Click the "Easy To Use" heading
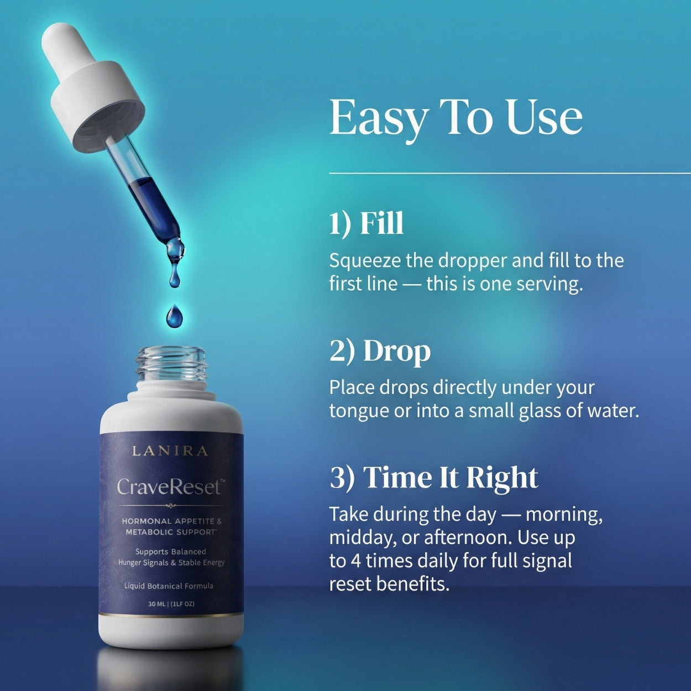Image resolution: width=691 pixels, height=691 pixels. click(456, 119)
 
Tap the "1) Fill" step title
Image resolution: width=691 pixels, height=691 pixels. click(367, 223)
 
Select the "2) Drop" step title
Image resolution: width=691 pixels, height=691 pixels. click(380, 352)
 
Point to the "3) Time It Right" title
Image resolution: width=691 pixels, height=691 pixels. click(434, 478)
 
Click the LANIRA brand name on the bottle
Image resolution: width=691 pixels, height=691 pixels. click(170, 451)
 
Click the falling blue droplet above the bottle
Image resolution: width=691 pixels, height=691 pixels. click(174, 316)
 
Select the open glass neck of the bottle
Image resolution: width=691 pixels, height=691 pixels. click(171, 364)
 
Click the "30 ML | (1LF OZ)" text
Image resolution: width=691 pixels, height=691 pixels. click(171, 604)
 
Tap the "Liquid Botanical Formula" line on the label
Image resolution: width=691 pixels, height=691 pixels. click(169, 586)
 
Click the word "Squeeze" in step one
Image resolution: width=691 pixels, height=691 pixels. click(365, 261)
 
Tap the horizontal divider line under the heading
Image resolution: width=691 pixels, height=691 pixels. click(510, 173)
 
